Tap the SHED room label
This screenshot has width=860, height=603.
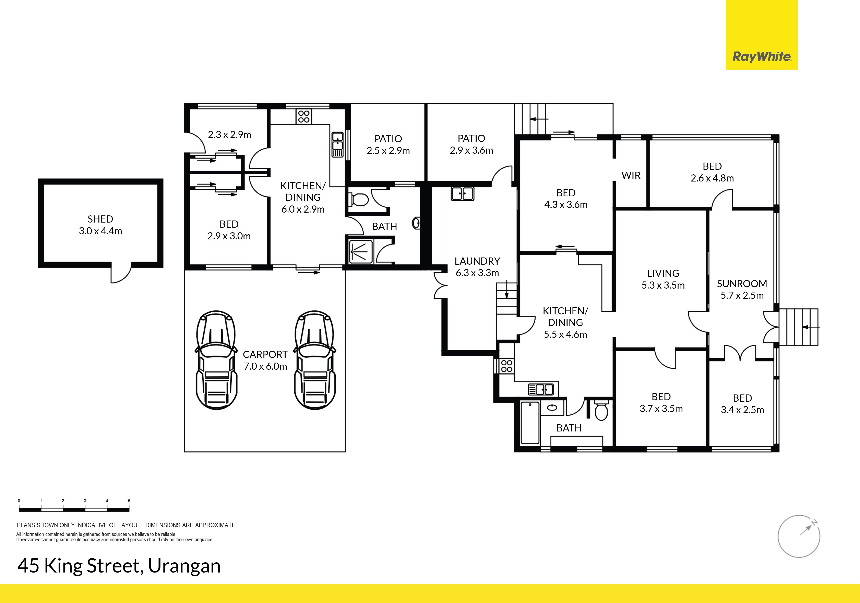(100, 219)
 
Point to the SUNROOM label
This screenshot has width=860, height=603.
(742, 284)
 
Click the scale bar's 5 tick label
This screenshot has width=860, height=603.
(129, 501)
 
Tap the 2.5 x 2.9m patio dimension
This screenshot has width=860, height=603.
(388, 151)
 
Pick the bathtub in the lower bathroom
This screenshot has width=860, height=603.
(530, 423)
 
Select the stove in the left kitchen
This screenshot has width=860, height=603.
(304, 116)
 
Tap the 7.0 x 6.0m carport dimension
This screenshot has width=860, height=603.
(265, 366)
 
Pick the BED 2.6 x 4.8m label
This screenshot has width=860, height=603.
(712, 172)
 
